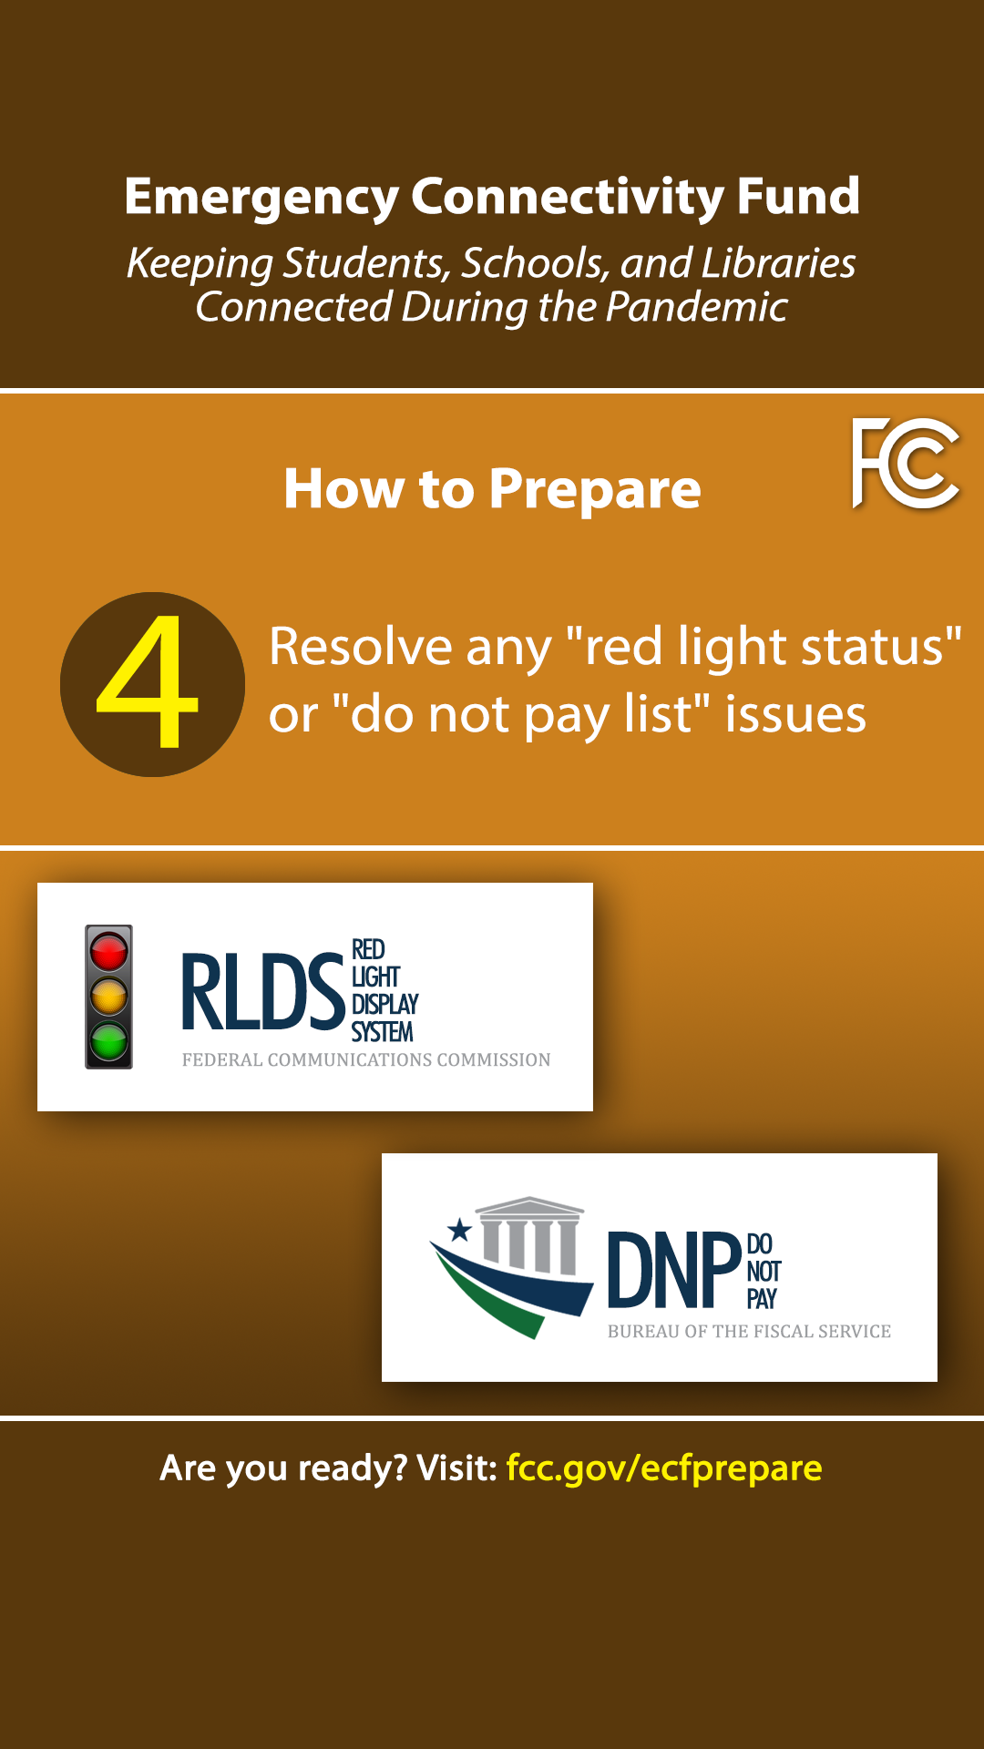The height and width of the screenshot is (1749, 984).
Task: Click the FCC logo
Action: pyautogui.click(x=906, y=463)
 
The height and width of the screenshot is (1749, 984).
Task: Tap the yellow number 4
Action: pyautogui.click(x=148, y=681)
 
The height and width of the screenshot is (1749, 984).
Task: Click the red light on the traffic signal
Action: pyautogui.click(x=109, y=953)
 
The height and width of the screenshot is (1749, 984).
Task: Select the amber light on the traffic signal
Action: pyautogui.click(x=109, y=997)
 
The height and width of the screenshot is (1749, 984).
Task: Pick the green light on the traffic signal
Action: pyautogui.click(x=109, y=1040)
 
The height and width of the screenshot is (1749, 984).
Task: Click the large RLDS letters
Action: pyautogui.click(x=263, y=992)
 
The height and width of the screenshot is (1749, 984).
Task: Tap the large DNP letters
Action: pyautogui.click(x=674, y=1270)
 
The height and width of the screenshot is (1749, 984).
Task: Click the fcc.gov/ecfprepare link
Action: pyautogui.click(x=664, y=1468)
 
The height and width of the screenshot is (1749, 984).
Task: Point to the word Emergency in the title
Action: pyautogui.click(x=261, y=198)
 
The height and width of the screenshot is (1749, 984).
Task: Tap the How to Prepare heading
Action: pyautogui.click(x=492, y=490)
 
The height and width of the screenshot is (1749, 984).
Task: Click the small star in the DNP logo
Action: pyautogui.click(x=460, y=1231)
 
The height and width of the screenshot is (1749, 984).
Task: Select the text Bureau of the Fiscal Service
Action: pyautogui.click(x=749, y=1332)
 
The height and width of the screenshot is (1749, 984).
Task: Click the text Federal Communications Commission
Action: pyautogui.click(x=366, y=1059)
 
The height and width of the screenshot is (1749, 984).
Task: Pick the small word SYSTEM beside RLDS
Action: pyautogui.click(x=383, y=1032)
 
